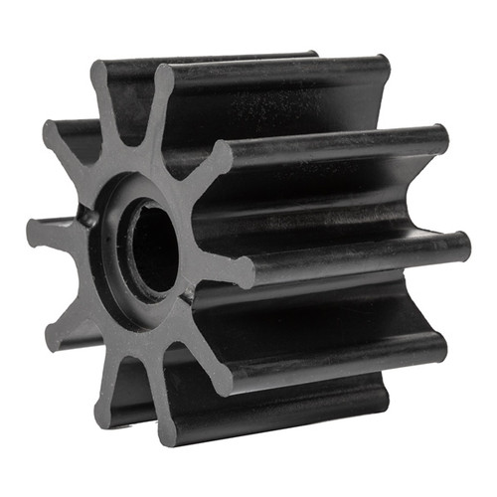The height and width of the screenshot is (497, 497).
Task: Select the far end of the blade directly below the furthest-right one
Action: (438, 343)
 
